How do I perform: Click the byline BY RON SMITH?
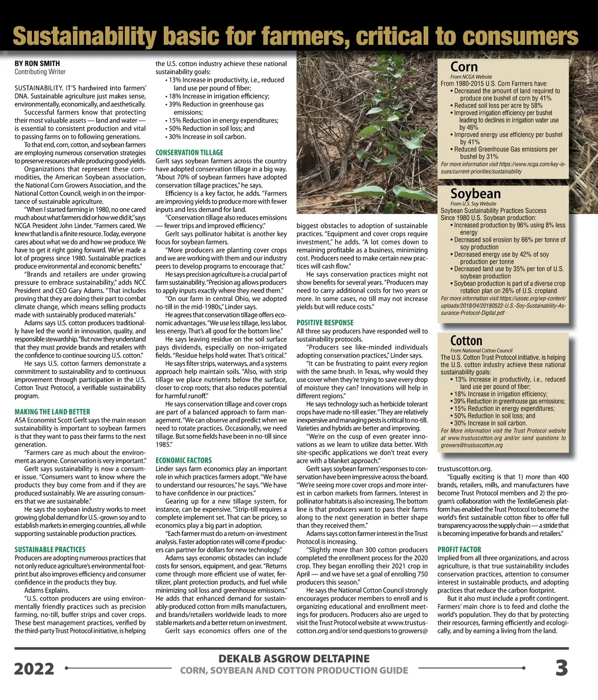coord(37,63)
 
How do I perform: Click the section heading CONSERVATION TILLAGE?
coord(189,152)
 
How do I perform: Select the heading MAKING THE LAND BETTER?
coord(52,412)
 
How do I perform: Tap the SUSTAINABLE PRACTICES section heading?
coord(50,550)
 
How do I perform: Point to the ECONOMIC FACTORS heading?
coord(183,460)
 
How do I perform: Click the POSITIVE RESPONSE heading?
coord(325,323)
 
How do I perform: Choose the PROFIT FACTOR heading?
coord(459,550)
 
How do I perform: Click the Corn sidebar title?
coord(464,67)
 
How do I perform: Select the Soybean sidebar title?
coord(475,193)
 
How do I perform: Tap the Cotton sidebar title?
coord(466,341)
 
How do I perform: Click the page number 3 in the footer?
coord(562,668)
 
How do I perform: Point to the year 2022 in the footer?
coord(34,669)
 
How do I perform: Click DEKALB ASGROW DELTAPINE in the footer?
coord(294,659)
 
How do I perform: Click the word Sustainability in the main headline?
coord(84,36)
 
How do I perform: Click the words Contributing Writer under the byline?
coord(40,72)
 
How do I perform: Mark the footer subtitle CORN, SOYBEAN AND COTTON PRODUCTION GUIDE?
coord(294,671)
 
